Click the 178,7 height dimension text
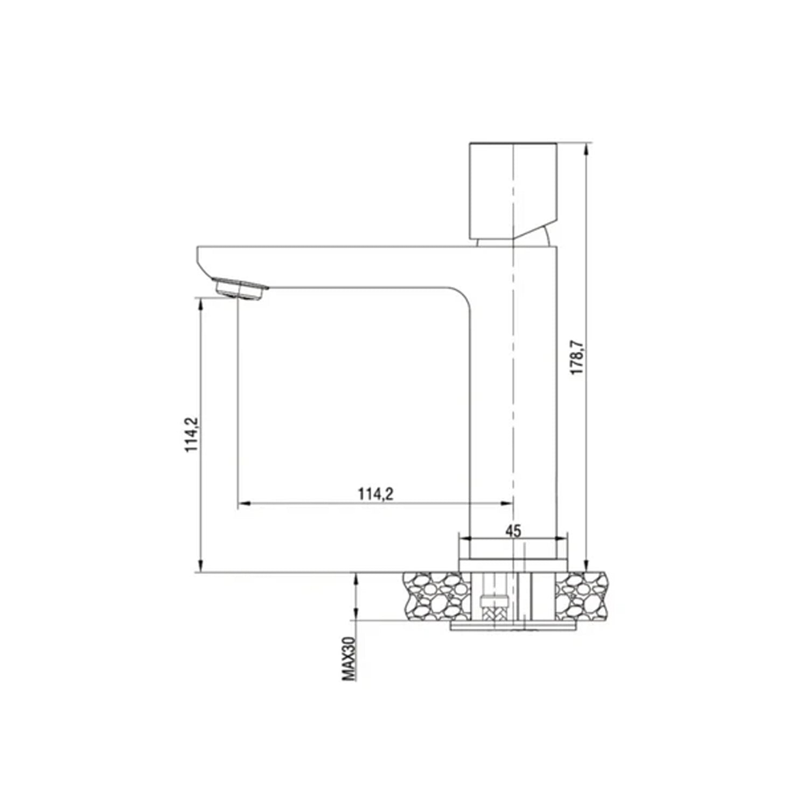[577, 357]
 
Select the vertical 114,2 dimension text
[191, 435]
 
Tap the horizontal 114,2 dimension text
[375, 493]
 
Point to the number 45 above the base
[513, 531]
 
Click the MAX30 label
[349, 658]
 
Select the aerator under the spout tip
[240, 288]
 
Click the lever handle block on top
[513, 191]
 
